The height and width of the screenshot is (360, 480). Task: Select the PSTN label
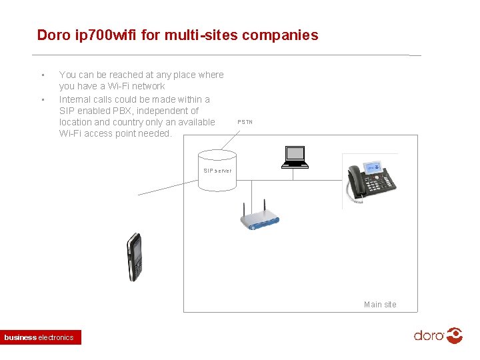tap(245, 122)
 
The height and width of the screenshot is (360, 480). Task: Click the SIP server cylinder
tap(217, 172)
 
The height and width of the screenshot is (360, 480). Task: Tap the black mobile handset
tap(135, 257)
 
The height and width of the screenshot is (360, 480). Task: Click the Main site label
tap(380, 305)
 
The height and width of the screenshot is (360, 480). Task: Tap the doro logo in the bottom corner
tap(438, 335)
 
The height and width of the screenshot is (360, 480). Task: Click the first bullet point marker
tap(43, 75)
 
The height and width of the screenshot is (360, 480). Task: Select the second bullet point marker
tap(43, 100)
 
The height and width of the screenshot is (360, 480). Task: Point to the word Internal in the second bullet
tap(74, 99)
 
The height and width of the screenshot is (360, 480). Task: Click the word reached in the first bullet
tap(115, 75)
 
